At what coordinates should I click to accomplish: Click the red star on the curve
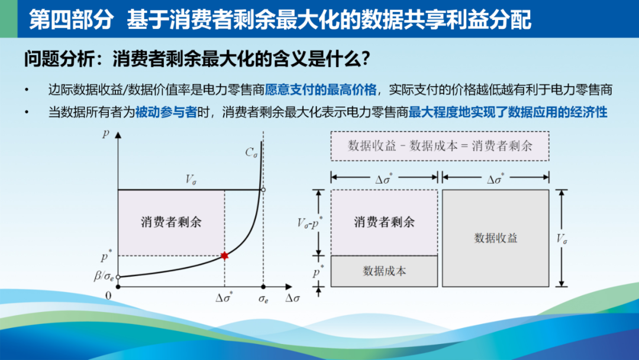[225, 256]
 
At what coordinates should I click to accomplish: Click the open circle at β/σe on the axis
[118, 277]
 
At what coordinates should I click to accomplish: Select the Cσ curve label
[251, 153]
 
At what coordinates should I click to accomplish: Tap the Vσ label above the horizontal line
[191, 179]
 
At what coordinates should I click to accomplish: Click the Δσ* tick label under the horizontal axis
[224, 298]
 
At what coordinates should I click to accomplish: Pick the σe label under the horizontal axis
[263, 299]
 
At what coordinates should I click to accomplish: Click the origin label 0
[108, 295]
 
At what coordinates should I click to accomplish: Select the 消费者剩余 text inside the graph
[171, 222]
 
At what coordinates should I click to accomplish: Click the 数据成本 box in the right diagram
[384, 271]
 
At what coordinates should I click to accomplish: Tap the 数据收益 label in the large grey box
[496, 238]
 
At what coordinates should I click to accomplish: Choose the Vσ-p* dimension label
[310, 223]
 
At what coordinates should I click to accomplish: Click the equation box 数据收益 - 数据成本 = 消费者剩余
[440, 146]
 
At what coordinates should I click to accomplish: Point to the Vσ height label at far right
[562, 239]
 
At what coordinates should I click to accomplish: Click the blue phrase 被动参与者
[166, 112]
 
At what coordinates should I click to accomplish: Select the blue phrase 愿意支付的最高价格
[321, 89]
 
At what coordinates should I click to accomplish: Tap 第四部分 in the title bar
[71, 20]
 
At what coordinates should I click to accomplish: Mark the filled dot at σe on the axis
[263, 287]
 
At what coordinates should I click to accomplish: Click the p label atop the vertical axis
[106, 133]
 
